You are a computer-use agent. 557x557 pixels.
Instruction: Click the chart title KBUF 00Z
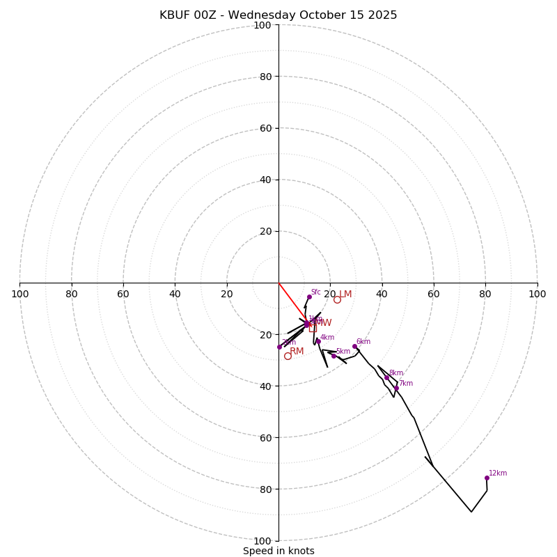tap(278, 15)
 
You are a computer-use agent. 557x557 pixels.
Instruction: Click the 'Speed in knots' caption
tap(278, 551)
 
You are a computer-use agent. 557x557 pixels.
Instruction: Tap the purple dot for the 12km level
tap(487, 478)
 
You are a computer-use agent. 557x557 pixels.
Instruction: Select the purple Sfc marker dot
tap(309, 297)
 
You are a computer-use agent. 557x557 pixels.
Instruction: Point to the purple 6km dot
tap(354, 346)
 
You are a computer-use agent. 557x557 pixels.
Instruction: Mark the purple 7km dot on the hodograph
tap(396, 388)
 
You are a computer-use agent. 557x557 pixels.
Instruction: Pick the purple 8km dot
tap(386, 377)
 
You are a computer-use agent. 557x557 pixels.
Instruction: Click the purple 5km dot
tap(334, 356)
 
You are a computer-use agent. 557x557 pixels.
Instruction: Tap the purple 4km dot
tap(318, 341)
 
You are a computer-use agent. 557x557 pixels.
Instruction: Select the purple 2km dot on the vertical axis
tap(279, 347)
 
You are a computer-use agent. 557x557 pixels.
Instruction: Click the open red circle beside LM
tap(337, 299)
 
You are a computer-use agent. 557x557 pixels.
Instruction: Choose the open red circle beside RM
tap(288, 356)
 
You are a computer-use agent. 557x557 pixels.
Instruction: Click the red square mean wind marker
tap(313, 328)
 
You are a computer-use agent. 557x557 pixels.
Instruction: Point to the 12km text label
tap(498, 473)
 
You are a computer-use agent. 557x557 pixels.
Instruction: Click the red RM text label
tap(297, 352)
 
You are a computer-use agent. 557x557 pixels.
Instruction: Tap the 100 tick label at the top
tap(262, 26)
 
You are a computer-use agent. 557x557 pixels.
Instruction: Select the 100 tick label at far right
tap(537, 294)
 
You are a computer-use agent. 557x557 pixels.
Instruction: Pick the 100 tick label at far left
tap(20, 294)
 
